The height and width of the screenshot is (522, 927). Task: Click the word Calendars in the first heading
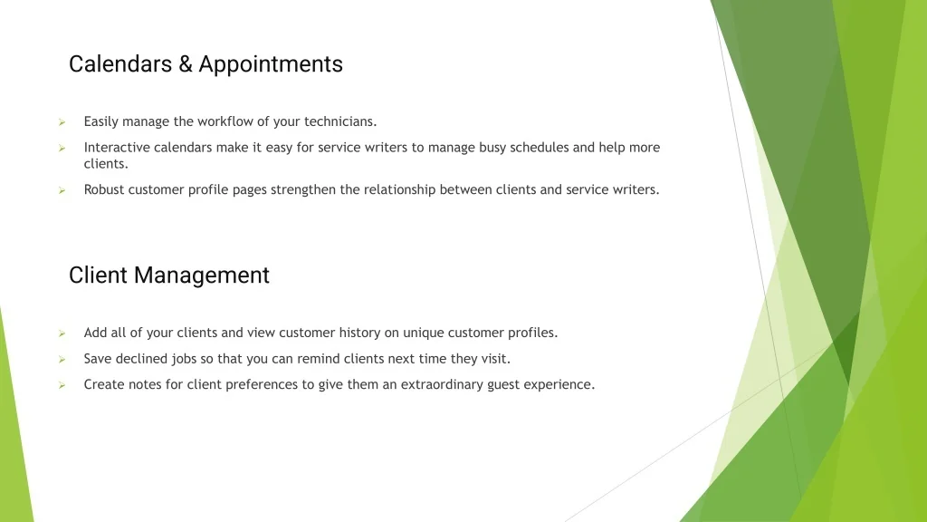point(120,64)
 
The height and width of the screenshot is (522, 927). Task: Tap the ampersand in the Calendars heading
point(186,64)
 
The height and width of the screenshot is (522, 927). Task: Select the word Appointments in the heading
point(271,65)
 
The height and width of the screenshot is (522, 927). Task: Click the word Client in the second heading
point(98,275)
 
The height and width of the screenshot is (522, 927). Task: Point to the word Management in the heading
point(202,276)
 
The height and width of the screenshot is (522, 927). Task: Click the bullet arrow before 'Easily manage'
point(62,122)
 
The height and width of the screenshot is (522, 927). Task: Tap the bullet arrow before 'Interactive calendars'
point(62,148)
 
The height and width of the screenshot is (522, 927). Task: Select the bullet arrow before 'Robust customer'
point(62,190)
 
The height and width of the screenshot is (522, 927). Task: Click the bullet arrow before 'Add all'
point(62,333)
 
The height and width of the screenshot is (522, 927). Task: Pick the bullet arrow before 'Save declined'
point(62,359)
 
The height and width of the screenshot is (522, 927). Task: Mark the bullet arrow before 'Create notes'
point(62,385)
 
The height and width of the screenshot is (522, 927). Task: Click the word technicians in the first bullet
point(340,121)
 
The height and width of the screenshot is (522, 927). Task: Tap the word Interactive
point(117,147)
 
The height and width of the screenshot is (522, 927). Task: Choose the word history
point(359,333)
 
